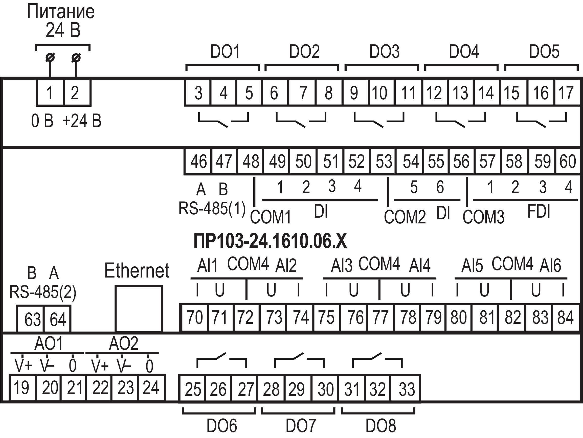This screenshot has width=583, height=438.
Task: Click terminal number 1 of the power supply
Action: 50,93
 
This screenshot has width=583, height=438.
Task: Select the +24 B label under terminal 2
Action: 82,121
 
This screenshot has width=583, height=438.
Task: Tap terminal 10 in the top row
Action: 379,93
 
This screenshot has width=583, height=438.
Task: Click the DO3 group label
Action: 384,52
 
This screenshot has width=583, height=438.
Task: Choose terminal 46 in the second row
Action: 198,161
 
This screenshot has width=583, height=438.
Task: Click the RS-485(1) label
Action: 212,209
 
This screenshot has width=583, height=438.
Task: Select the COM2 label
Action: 405,217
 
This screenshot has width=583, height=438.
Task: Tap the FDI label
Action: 539,211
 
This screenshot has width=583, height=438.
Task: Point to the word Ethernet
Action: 137,270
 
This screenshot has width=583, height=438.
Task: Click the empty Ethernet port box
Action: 138,308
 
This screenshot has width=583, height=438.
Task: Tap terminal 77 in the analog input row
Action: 380,317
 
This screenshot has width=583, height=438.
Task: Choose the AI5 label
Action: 472,266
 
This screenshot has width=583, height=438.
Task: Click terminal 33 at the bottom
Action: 407,389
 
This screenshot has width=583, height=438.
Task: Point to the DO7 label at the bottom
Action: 301,426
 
